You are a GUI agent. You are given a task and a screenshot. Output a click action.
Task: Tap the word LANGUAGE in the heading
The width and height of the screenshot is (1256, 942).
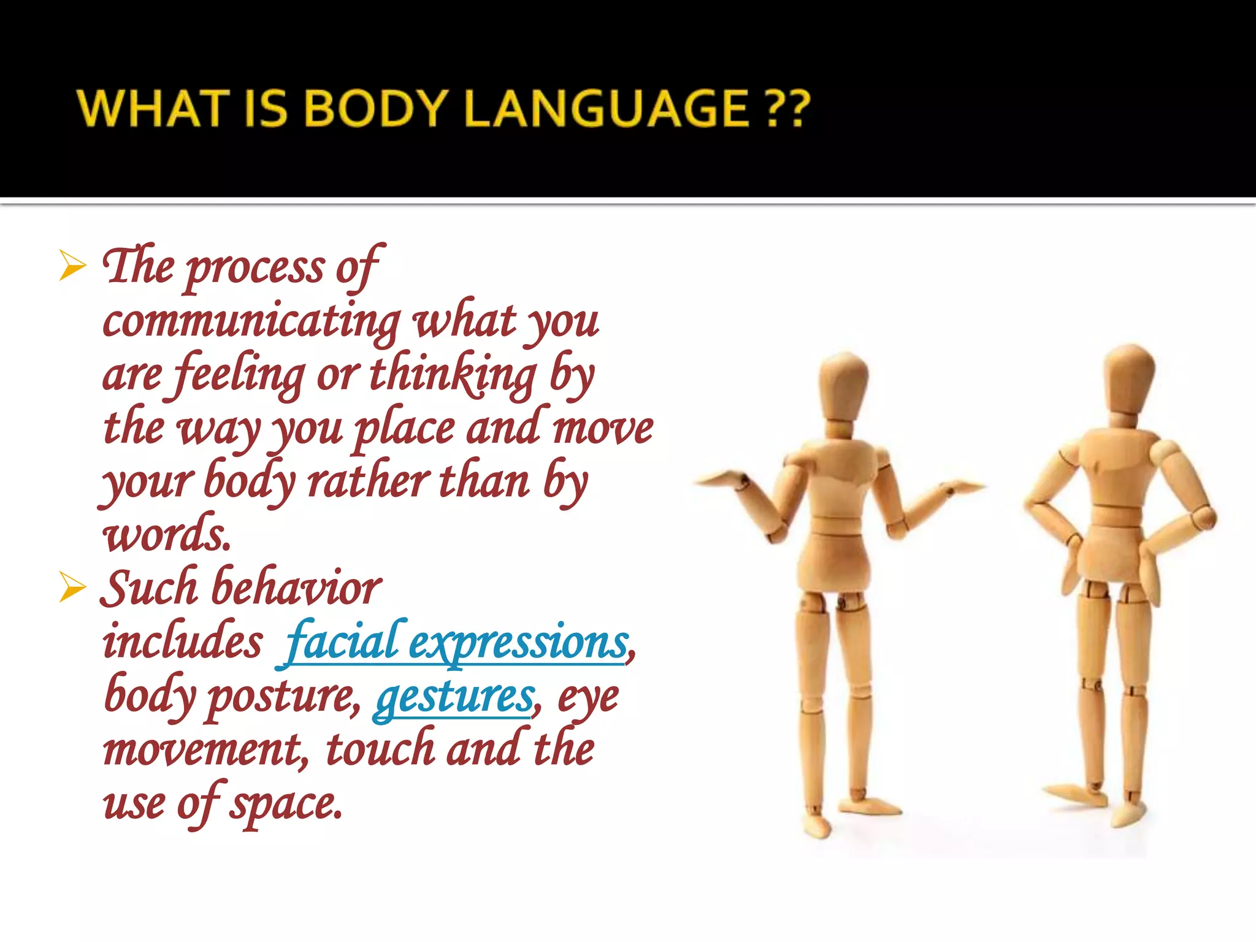point(607,109)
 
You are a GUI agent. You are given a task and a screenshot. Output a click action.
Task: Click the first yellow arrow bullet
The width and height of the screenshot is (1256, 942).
point(72,267)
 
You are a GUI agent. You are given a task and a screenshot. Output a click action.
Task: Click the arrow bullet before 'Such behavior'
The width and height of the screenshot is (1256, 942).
point(72,588)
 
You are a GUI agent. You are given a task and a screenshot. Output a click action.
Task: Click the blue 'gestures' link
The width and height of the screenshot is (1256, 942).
point(454,697)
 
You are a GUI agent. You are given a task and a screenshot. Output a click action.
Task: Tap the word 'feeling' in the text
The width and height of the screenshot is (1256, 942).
point(239,375)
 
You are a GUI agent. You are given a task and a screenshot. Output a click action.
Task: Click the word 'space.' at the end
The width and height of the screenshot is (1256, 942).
point(285,804)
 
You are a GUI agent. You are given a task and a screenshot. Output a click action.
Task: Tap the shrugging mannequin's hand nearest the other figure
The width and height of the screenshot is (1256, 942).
point(963,488)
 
